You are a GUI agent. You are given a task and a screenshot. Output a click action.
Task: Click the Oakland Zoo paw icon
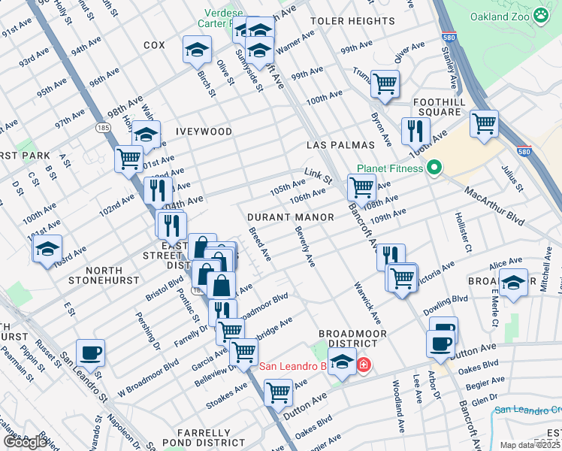541,16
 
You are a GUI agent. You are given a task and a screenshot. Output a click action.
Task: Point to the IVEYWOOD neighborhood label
204,132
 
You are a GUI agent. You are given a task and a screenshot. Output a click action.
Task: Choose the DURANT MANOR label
291,216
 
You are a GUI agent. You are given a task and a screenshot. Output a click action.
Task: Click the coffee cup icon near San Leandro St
90,353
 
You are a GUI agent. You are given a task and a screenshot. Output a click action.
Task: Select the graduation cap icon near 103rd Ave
47,249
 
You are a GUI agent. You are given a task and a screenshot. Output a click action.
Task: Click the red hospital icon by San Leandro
364,365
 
